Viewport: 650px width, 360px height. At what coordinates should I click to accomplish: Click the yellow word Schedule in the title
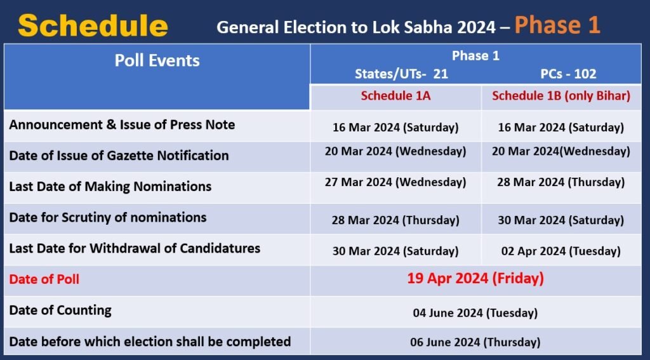tap(93, 25)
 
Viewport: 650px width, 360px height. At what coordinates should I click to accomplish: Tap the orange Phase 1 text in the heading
tap(557, 25)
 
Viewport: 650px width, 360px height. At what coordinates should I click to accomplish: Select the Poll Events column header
tap(157, 61)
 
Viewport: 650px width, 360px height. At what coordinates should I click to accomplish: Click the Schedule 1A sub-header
tap(395, 96)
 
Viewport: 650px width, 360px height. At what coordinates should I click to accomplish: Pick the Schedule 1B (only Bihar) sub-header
tap(561, 96)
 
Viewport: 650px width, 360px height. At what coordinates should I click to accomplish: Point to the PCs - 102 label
tap(568, 74)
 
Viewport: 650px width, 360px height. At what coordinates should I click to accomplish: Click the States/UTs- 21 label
tap(401, 74)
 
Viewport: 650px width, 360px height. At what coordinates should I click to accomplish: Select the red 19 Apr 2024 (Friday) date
tap(475, 278)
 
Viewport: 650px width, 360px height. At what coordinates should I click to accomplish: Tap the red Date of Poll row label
tap(44, 279)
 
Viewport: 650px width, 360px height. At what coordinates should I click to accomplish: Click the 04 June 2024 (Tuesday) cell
tap(475, 312)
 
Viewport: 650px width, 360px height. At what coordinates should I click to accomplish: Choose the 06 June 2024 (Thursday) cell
tap(475, 342)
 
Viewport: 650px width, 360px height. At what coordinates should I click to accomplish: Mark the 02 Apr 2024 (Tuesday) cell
tap(561, 251)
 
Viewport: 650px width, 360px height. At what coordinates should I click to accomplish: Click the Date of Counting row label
tap(60, 310)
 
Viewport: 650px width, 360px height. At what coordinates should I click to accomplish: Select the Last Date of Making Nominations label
tap(110, 187)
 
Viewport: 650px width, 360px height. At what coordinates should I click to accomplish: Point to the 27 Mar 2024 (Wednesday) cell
tap(395, 182)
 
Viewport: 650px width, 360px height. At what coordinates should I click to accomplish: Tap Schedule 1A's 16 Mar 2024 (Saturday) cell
tap(395, 128)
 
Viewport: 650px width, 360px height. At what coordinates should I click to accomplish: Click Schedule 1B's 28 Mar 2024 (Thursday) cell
tap(561, 182)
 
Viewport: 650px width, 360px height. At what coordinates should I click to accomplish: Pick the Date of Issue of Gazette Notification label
tap(119, 156)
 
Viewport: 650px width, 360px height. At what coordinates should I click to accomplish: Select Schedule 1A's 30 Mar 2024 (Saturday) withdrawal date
tap(395, 251)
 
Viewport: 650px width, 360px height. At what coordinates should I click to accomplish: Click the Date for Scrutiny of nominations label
tap(108, 218)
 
